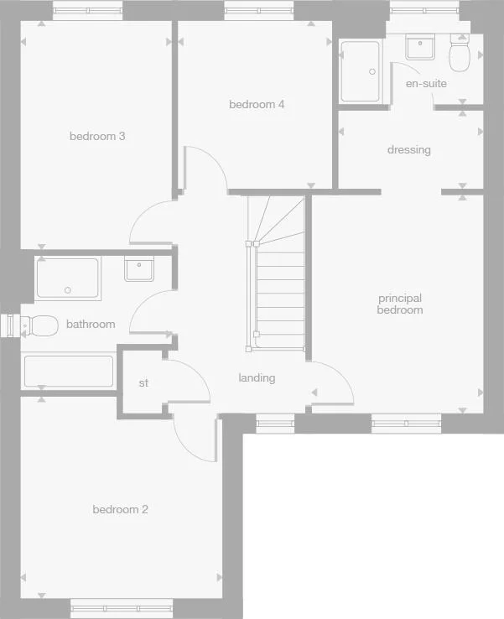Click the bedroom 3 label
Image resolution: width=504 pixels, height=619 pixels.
[x=97, y=136]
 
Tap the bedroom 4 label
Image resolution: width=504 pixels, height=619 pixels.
[x=257, y=105]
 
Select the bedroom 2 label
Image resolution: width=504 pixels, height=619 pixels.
[x=120, y=509]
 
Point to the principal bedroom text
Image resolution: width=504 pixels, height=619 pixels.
[x=400, y=304]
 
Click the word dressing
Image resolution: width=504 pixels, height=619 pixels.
[x=408, y=150]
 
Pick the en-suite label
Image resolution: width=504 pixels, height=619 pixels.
[x=426, y=84]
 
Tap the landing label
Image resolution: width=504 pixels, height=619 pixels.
[x=257, y=378]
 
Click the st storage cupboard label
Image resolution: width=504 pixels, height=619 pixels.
[x=143, y=383]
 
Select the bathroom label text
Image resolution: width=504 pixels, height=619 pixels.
[x=91, y=324]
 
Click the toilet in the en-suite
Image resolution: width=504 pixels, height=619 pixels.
[x=460, y=55]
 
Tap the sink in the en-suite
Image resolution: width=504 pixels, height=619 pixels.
[x=420, y=47]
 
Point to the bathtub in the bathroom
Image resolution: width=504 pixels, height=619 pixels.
[x=69, y=372]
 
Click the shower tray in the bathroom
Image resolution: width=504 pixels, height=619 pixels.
[x=67, y=278]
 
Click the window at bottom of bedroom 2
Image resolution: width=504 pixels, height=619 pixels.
[x=122, y=606]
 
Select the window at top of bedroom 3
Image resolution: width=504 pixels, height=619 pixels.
[x=88, y=10]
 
